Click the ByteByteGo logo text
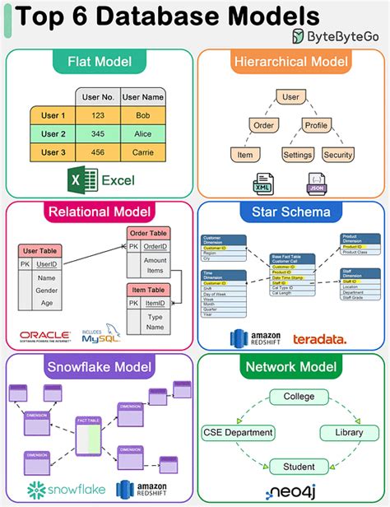click(x=345, y=35)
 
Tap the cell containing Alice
click(x=143, y=134)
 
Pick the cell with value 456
click(x=99, y=152)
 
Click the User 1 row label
click(x=53, y=115)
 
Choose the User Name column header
click(x=143, y=97)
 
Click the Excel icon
click(x=78, y=179)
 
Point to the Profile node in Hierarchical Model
click(x=315, y=126)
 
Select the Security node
click(x=337, y=155)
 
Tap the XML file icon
click(x=265, y=184)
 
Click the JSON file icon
click(x=316, y=184)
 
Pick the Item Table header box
click(x=147, y=290)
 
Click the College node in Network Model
click(x=299, y=397)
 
